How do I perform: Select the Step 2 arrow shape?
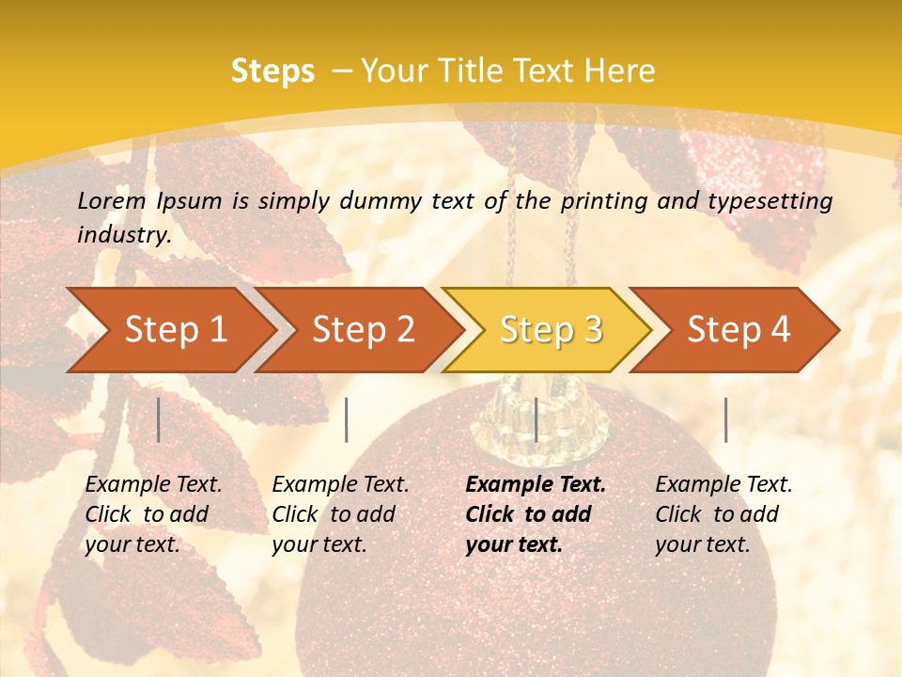coord(363,330)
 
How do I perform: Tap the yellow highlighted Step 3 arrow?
coord(551,330)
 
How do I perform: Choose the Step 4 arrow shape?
coord(739,330)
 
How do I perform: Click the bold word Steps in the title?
coord(272,71)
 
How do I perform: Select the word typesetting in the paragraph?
coord(776,200)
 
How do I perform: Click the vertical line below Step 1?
coord(159,419)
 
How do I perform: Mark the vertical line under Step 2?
coord(347,419)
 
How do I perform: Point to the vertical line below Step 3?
coord(536,419)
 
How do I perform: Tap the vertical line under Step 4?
coord(726,419)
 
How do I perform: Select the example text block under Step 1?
coord(153,514)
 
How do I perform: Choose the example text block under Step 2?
coord(340,514)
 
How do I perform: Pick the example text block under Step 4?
coord(723,514)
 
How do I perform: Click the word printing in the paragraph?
coord(614,200)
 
